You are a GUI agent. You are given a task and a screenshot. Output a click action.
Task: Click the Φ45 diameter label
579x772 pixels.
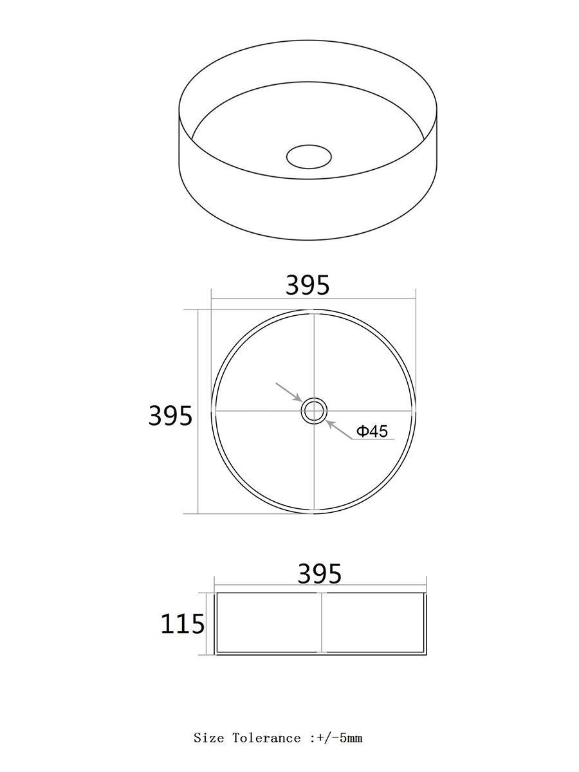[x=372, y=431]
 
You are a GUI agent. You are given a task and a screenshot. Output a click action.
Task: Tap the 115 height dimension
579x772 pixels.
[x=182, y=624]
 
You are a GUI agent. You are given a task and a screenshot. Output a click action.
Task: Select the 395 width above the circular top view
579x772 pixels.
[x=308, y=284]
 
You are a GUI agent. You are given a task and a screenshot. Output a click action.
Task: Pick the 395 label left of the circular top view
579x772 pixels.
[x=170, y=416]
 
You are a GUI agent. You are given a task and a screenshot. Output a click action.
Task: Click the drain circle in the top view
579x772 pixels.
[x=314, y=411]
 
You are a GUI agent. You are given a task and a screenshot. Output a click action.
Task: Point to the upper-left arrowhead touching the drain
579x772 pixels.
[x=299, y=399]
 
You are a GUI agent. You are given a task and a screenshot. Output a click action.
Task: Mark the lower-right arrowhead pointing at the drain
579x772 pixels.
[x=330, y=424]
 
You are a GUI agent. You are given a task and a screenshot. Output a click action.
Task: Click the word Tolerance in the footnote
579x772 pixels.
[x=266, y=728]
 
